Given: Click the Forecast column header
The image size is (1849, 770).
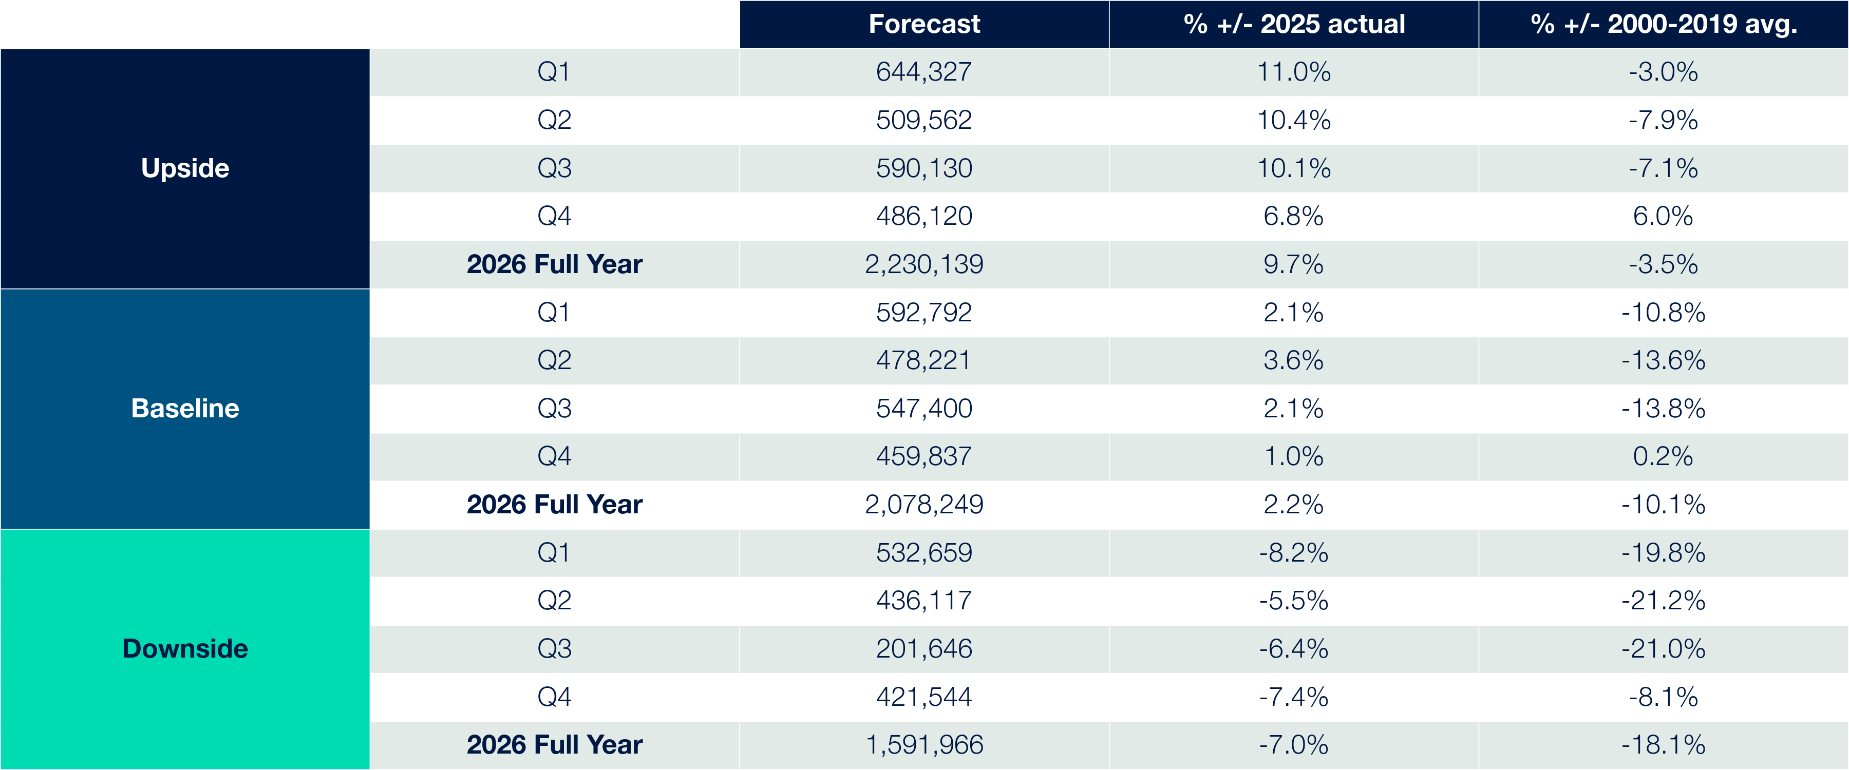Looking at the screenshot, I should [924, 24].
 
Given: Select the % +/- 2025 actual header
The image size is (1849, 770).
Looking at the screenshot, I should [1293, 24].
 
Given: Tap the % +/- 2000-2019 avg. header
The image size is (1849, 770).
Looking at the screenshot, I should [1663, 24].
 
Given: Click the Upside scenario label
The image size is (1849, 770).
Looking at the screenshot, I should [185, 168].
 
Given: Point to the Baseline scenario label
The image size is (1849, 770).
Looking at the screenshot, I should [185, 408].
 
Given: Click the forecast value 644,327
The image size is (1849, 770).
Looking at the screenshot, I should [924, 72].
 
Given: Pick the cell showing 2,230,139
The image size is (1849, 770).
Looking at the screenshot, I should [924, 264].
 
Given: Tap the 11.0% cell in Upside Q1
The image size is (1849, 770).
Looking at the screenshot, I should [1293, 72].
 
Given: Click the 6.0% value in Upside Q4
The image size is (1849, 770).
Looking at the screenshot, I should [1663, 216].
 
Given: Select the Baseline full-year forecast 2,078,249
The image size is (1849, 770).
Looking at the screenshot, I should [924, 505].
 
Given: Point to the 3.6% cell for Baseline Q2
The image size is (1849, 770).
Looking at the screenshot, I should [1293, 360].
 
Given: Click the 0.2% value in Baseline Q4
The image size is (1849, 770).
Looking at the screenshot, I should [1663, 456].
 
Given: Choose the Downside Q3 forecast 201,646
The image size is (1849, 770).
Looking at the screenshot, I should [924, 649].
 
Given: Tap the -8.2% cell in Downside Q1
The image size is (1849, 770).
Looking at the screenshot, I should [1293, 552].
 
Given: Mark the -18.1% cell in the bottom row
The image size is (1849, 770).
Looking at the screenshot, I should [1663, 745].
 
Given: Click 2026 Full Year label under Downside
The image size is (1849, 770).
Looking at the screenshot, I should [554, 745].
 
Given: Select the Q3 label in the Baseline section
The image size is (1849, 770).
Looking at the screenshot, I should [554, 408].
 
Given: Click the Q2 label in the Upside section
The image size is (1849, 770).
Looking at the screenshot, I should [554, 120].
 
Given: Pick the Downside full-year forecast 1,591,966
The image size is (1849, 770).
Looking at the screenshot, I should [924, 745].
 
